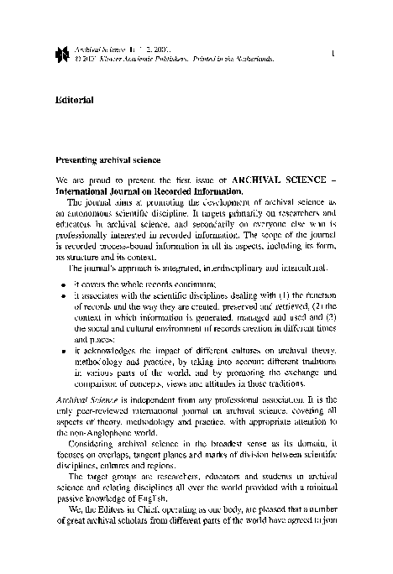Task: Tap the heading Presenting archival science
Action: [102, 159]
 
